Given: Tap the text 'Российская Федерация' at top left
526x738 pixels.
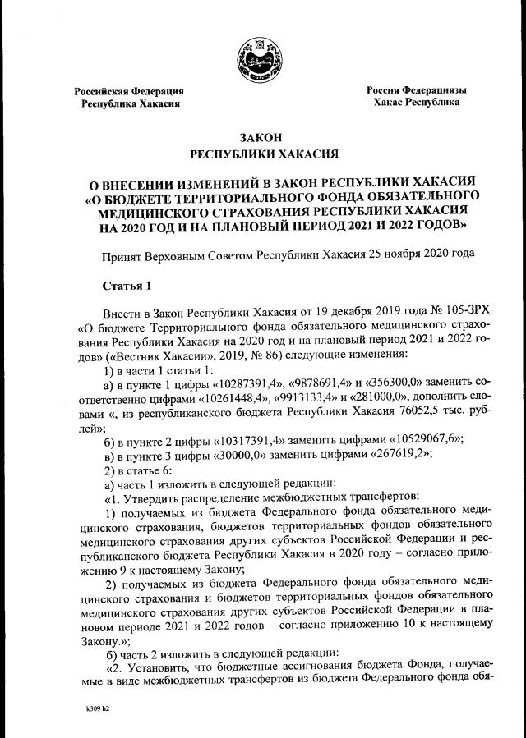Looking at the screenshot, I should [x=129, y=91].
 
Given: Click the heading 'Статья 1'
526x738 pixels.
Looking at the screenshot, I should [x=127, y=285].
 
